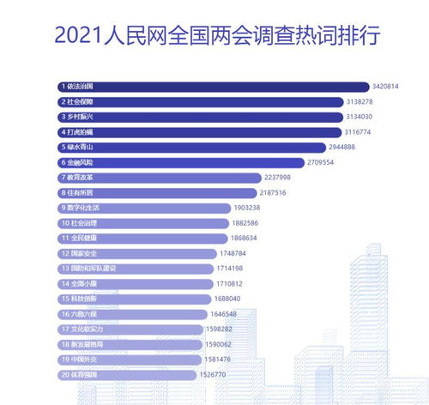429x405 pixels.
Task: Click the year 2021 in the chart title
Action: coord(82,37)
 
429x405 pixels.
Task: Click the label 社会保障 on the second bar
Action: coord(82,101)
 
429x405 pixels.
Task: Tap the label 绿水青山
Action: coord(82,147)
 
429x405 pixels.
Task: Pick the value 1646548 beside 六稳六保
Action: coord(231,314)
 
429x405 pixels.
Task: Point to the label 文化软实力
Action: coord(88,329)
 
